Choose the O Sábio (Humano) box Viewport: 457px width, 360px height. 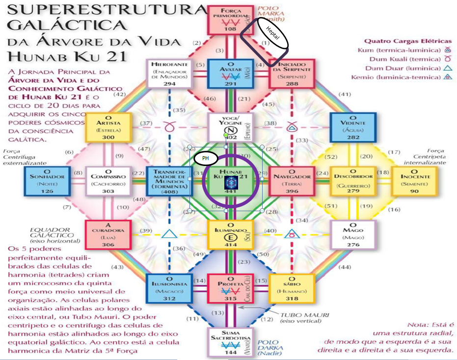click(289, 288)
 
